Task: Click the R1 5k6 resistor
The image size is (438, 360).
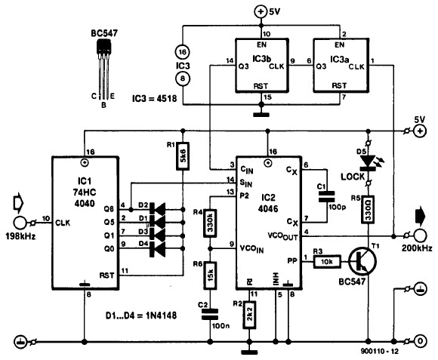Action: [183, 156]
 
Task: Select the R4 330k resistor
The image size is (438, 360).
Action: [210, 223]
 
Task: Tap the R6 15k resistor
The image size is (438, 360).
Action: [210, 275]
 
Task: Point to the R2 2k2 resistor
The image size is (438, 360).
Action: [249, 315]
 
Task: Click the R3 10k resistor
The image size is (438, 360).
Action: [327, 261]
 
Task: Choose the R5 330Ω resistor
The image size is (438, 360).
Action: [369, 209]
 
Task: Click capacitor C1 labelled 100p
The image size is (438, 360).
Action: [327, 196]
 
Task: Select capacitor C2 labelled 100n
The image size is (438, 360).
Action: [210, 314]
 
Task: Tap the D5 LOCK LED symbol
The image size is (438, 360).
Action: [369, 163]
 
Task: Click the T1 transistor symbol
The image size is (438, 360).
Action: [362, 261]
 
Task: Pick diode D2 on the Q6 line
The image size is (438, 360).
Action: [158, 209]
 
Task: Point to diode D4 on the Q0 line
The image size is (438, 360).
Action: [158, 249]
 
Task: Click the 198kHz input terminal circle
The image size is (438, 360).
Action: [20, 223]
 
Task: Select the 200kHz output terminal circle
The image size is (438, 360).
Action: [420, 236]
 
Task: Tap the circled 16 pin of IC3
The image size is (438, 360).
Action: [183, 52]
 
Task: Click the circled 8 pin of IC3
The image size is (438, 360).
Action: [183, 78]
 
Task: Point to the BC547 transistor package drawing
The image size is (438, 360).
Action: [103, 69]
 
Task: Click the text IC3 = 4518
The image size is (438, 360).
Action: [155, 98]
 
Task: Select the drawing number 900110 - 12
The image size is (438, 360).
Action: [380, 352]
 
